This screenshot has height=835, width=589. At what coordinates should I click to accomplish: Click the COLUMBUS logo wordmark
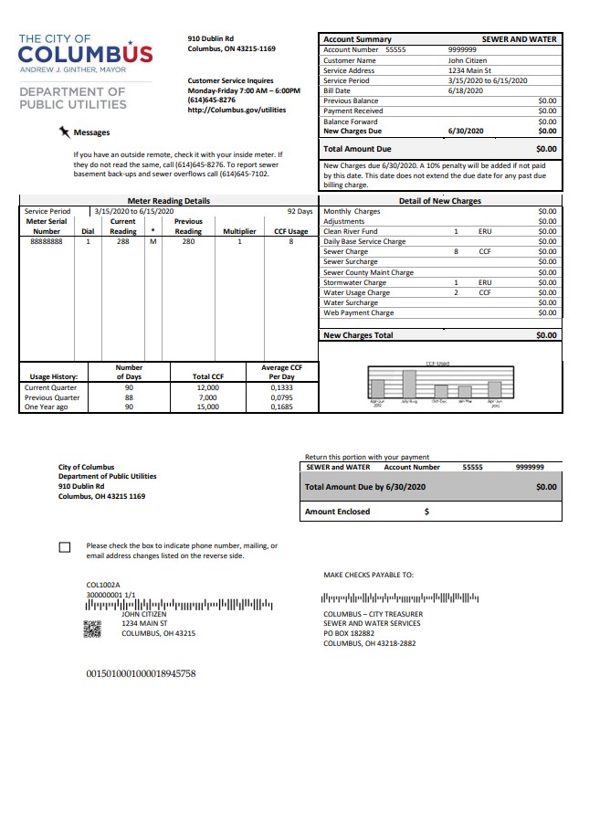click(86, 54)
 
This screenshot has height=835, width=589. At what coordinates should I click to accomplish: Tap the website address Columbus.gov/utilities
click(237, 110)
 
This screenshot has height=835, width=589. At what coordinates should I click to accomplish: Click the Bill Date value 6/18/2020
click(466, 90)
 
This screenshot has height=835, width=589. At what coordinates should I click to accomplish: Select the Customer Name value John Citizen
click(468, 60)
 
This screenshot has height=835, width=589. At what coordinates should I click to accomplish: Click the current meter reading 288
click(122, 242)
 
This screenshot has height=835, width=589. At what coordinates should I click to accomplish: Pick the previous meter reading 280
click(188, 242)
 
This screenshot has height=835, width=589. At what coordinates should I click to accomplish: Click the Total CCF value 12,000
click(207, 387)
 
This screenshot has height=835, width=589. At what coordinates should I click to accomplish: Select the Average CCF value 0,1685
click(282, 407)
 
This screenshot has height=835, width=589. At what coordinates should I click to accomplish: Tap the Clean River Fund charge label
click(351, 232)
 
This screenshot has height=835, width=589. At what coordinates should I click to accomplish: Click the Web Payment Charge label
click(358, 312)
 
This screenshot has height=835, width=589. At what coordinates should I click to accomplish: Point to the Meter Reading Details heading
click(168, 201)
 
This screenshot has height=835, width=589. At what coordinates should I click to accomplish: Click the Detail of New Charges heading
click(439, 201)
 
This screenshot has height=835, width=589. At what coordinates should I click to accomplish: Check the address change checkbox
click(64, 547)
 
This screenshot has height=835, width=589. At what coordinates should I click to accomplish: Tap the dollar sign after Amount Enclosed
click(426, 512)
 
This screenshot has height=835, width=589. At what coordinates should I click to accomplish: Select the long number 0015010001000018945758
click(141, 673)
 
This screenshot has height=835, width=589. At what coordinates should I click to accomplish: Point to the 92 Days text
click(300, 211)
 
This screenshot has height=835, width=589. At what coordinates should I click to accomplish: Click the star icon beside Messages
click(64, 132)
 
